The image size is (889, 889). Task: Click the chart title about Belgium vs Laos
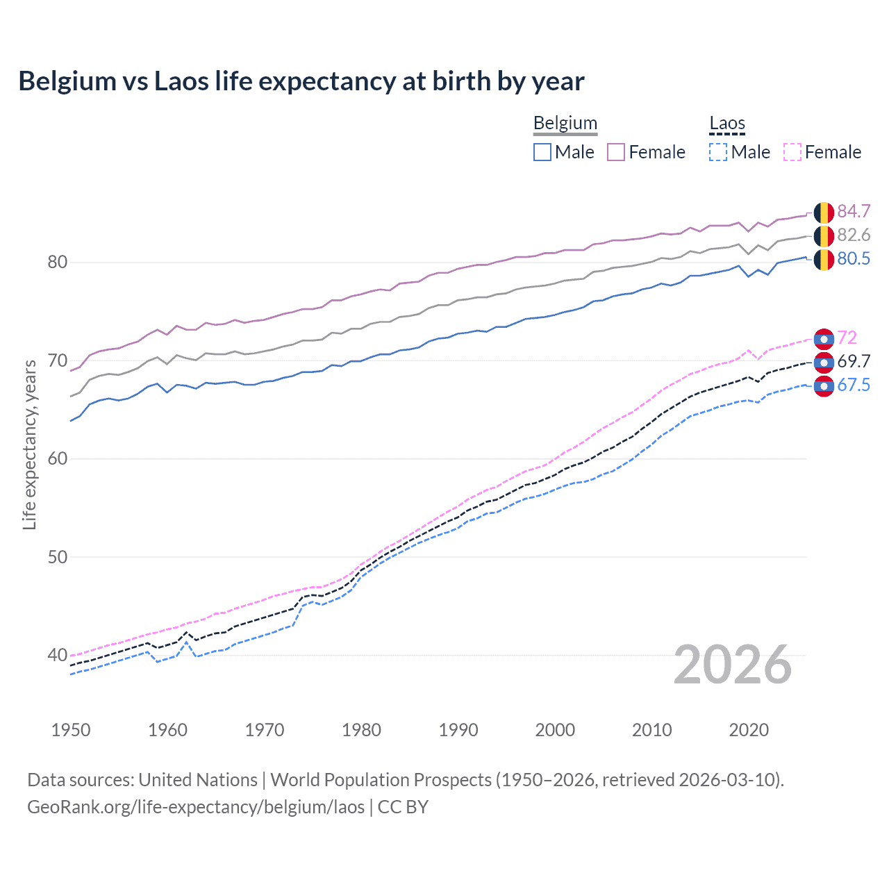point(301,81)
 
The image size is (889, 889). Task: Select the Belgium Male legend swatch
point(542,152)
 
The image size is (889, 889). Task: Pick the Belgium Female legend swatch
point(616,152)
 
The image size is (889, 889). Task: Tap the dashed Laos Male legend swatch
point(718,152)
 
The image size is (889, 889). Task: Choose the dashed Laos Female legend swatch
point(792,152)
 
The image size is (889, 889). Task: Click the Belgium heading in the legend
point(565,123)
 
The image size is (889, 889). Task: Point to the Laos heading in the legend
point(727,123)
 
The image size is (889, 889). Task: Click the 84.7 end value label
point(854,211)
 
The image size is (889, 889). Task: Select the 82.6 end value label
point(854,235)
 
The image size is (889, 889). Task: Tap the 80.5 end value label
point(854,258)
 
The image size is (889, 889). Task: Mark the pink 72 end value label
point(847,338)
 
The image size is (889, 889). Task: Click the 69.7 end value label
point(854,361)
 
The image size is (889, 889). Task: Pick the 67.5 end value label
point(854,385)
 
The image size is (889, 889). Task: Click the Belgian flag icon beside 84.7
point(824,213)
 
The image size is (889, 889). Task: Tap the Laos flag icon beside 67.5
point(824,386)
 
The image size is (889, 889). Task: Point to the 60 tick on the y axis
point(57,458)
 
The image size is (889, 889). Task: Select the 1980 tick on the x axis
point(361,730)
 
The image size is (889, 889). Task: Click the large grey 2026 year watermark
point(733,665)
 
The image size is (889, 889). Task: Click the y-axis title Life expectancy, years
point(29,444)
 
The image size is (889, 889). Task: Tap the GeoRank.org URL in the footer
point(196,807)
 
